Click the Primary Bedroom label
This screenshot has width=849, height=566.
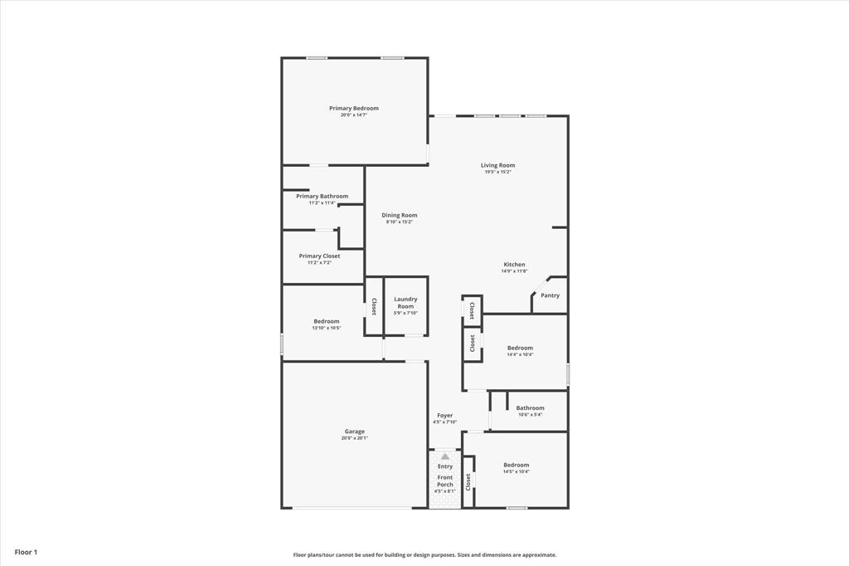(x=353, y=109)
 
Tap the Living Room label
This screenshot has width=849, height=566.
(x=497, y=165)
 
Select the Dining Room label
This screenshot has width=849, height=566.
(x=399, y=215)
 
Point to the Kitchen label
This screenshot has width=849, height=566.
(x=514, y=265)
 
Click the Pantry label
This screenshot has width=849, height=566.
(x=550, y=295)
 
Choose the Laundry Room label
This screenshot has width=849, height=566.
(x=405, y=302)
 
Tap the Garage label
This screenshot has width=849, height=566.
(x=354, y=432)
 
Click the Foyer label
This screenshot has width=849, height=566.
(x=445, y=415)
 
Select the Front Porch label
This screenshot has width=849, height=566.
(x=445, y=481)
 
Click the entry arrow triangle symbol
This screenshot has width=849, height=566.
(x=445, y=456)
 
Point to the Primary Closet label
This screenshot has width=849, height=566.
(x=319, y=256)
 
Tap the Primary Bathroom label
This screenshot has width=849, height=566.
(x=322, y=197)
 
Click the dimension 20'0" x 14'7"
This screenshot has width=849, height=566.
(x=353, y=115)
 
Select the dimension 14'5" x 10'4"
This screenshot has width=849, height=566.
(x=516, y=471)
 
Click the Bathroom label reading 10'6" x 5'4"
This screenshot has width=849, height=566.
(x=530, y=407)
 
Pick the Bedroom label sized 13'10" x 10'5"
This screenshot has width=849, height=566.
(x=326, y=321)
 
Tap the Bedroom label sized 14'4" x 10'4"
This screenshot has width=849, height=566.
(x=520, y=348)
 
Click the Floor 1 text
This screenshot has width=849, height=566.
(x=26, y=552)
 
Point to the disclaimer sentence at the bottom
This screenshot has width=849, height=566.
(x=424, y=555)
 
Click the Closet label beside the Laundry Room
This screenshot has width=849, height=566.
(x=374, y=306)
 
